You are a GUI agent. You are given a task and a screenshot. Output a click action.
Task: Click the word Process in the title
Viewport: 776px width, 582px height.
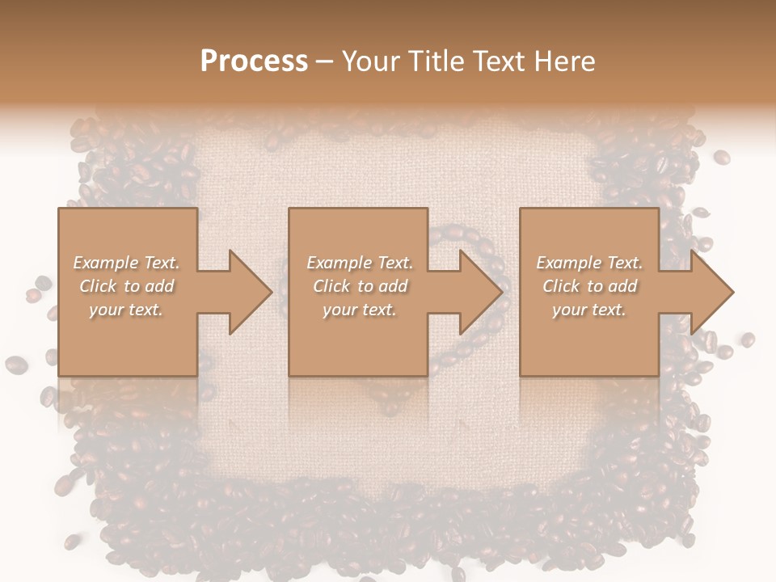254,61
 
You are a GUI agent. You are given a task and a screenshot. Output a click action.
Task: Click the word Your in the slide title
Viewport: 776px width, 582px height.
370,61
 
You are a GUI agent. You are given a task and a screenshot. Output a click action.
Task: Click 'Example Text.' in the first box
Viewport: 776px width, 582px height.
126,263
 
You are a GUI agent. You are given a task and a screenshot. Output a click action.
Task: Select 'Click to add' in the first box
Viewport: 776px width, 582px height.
126,286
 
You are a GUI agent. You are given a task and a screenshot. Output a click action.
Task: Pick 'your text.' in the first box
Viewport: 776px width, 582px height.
126,310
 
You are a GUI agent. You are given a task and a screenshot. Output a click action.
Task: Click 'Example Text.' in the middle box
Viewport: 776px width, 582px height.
360,263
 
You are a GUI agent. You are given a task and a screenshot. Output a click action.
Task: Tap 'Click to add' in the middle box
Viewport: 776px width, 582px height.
360,286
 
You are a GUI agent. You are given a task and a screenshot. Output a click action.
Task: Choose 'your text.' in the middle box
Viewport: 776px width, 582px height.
360,310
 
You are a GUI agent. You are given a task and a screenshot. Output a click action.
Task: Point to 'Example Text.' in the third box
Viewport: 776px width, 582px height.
589,263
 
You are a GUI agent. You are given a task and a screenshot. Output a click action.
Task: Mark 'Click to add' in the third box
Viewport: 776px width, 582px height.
589,286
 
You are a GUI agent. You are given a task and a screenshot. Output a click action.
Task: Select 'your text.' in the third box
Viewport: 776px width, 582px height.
589,310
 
